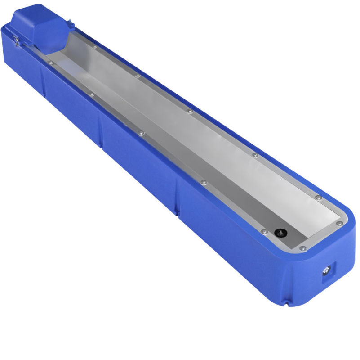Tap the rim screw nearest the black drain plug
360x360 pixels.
[x=264, y=232]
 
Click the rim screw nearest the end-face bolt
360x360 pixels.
[x=303, y=248]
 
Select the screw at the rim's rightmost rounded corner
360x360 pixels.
[x=340, y=223]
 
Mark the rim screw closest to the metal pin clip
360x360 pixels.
[x=50, y=63]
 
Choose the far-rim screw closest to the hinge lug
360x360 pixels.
[x=94, y=46]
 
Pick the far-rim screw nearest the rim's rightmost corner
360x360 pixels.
[x=318, y=197]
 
